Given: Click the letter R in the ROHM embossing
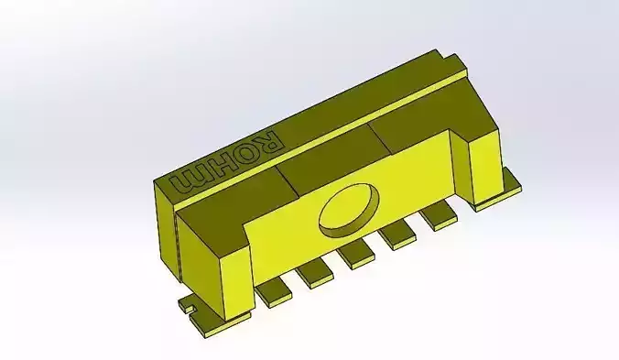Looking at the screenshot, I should (270, 143).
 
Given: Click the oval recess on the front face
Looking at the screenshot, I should (349, 207).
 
